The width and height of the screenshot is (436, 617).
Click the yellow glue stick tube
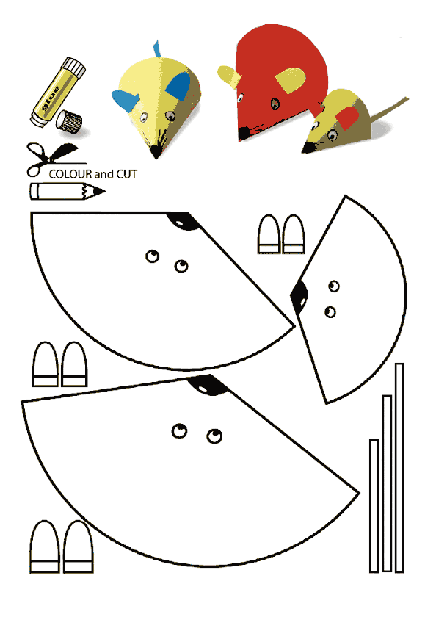[x=58, y=93]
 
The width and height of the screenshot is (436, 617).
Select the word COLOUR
[x=70, y=174]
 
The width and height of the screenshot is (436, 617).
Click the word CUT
[x=126, y=174]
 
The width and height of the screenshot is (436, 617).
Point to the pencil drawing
[x=68, y=192]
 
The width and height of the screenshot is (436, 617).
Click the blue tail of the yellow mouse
[x=157, y=49]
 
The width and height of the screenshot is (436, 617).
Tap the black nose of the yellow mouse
[x=156, y=152]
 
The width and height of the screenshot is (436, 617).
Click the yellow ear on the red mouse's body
[x=291, y=80]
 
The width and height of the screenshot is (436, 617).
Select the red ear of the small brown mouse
[x=347, y=118]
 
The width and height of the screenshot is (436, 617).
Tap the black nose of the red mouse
[x=244, y=134]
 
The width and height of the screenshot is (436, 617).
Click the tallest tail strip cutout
[x=399, y=468]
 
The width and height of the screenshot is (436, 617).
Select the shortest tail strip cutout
[x=374, y=506]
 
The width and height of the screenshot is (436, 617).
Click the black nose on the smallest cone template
[x=299, y=297]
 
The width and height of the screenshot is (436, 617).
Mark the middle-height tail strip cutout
[x=387, y=483]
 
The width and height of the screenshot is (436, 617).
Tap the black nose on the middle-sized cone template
[x=184, y=221]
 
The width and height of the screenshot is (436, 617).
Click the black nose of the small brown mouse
[x=307, y=148]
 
